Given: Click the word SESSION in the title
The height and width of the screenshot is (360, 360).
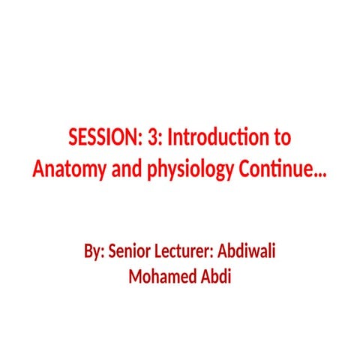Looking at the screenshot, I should pos(100,139).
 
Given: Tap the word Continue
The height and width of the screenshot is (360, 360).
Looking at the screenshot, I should pos(272,169).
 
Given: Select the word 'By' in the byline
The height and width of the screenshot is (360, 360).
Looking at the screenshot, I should pos(93,250).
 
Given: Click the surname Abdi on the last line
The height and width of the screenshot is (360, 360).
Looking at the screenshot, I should pos(217,275).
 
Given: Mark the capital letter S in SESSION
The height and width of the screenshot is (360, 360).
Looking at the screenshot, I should pos(73,139).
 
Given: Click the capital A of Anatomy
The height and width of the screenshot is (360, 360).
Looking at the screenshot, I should pos(38,169).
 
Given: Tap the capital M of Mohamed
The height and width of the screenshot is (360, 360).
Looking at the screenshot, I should pos(136,275).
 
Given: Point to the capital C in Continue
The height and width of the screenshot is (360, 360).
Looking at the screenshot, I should pos(244,169).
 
